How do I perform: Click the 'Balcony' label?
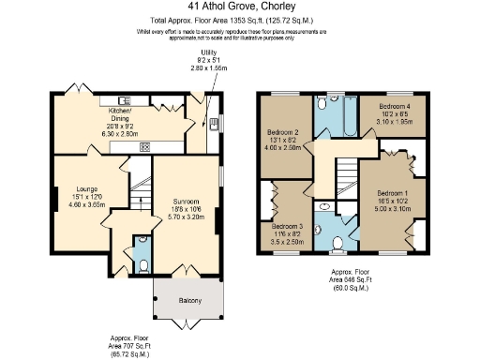click(187, 301)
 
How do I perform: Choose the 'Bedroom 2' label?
click(282, 132)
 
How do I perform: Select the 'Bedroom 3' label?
click(288, 226)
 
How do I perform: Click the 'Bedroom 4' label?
click(393, 106)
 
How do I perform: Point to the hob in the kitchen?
click(144, 146)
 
